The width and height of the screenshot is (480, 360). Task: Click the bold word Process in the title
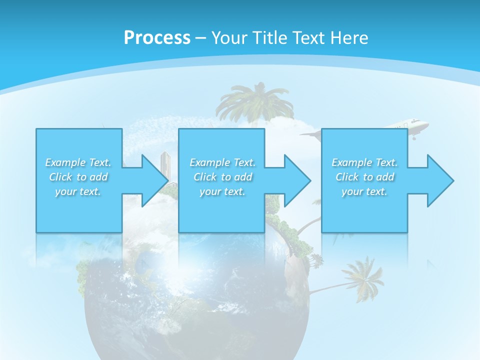tap(157, 38)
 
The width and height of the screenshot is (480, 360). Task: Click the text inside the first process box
tap(78, 177)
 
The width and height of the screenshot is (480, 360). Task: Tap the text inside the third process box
tap(364, 177)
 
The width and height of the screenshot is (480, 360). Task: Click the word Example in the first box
tap(65, 162)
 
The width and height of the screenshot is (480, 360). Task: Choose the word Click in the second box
tap(204, 177)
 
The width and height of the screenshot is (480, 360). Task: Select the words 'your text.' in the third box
tap(364, 191)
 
